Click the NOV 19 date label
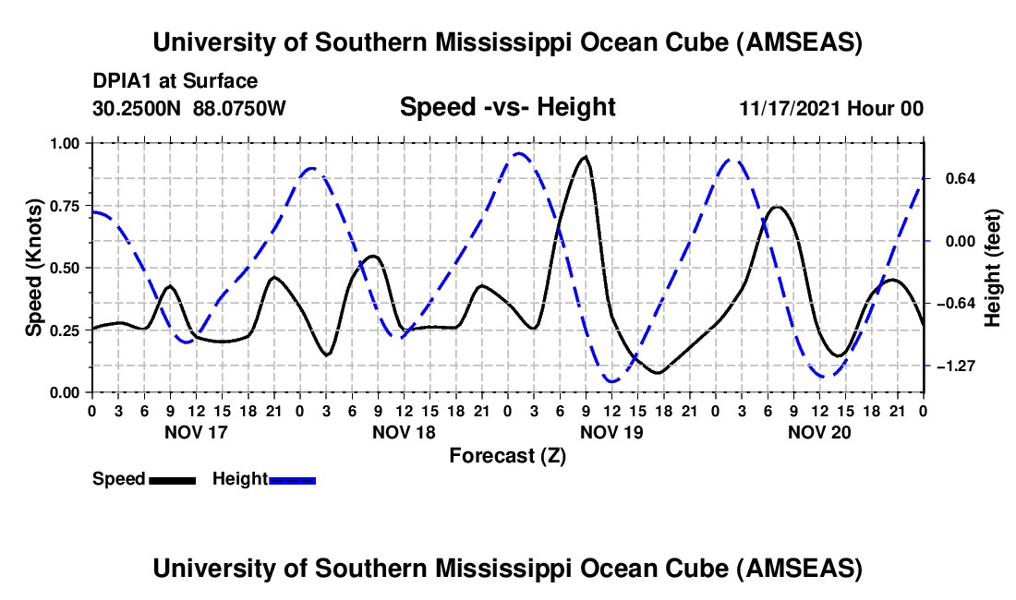click(x=611, y=431)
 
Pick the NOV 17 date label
click(x=195, y=431)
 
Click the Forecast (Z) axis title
click(x=507, y=455)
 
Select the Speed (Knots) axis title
click(x=33, y=268)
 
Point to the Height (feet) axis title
click(x=993, y=268)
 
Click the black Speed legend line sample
click(x=172, y=480)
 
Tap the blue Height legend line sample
click(x=293, y=480)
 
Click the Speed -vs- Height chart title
click(x=507, y=107)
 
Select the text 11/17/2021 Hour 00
click(x=831, y=108)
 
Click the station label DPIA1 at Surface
click(x=175, y=82)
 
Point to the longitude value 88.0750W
click(x=240, y=108)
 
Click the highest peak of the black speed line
click(x=584, y=157)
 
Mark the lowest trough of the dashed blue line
click(x=611, y=381)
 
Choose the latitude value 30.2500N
click(x=139, y=108)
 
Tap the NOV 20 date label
click(x=819, y=431)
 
